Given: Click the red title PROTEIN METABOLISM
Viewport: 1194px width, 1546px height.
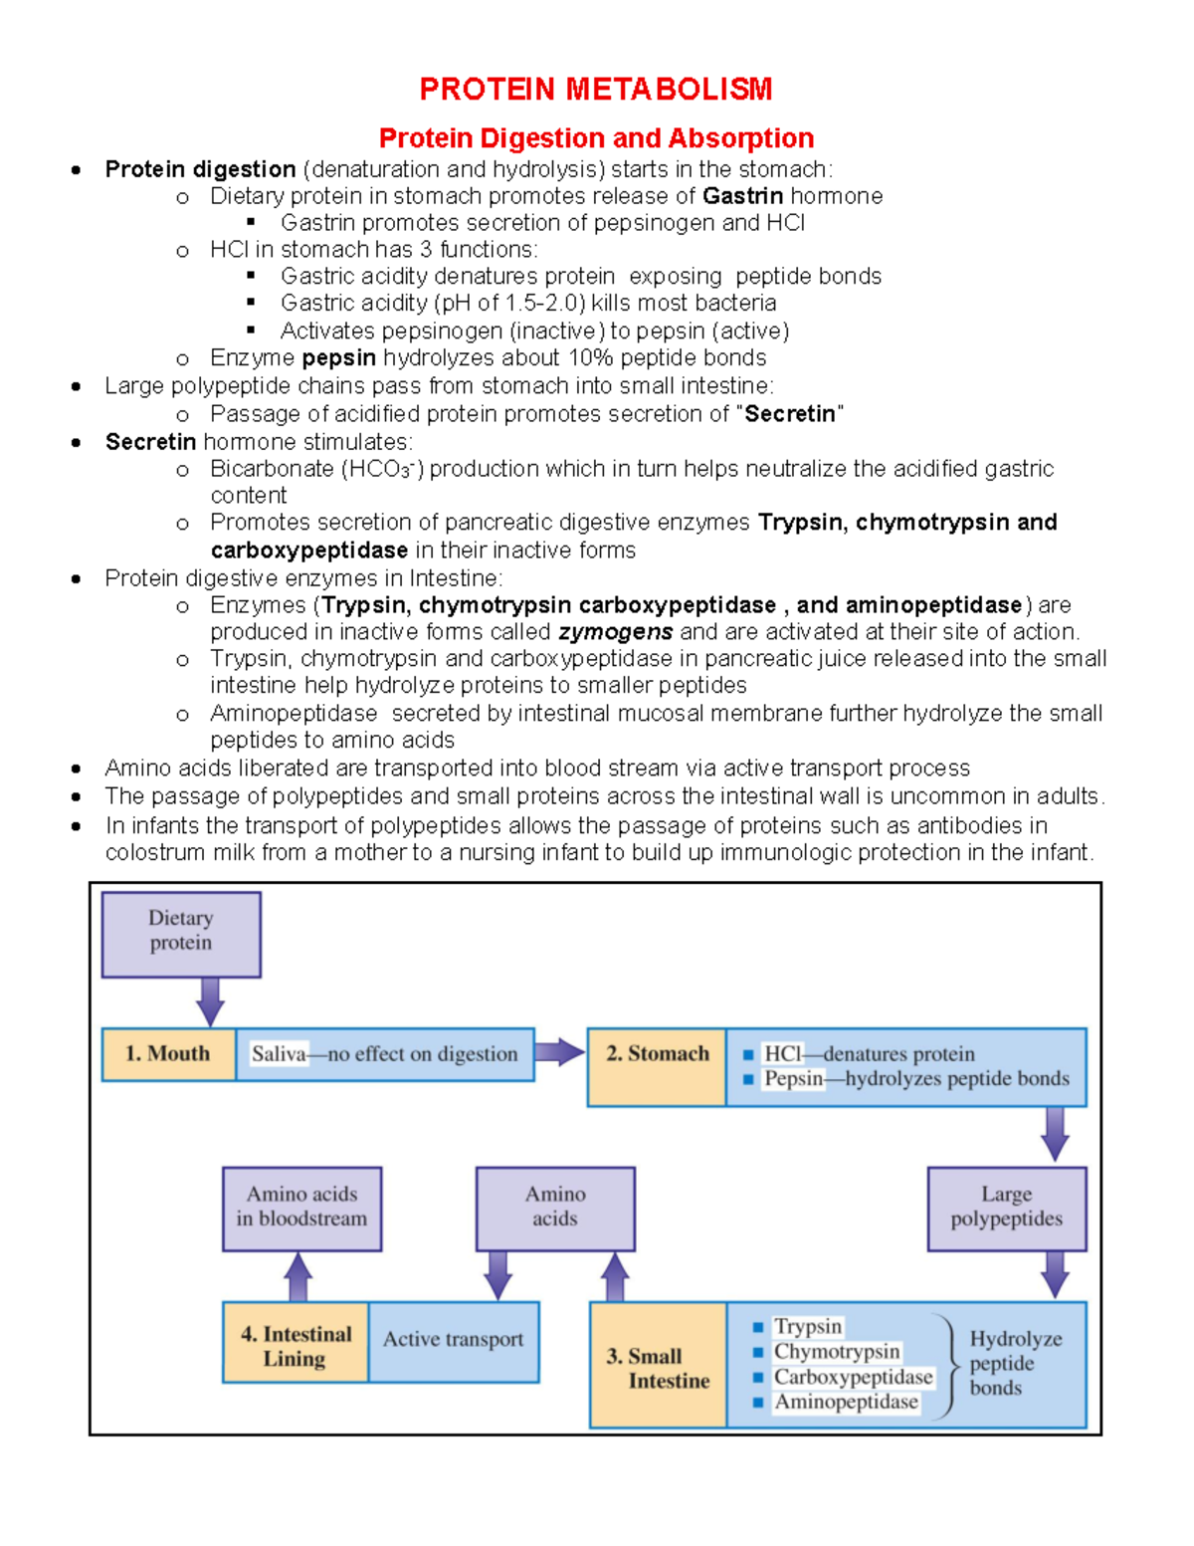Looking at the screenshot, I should [595, 90].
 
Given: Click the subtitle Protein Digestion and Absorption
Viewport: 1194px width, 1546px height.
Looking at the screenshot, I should [596, 138].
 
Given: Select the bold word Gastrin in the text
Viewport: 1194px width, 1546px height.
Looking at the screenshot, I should [742, 196].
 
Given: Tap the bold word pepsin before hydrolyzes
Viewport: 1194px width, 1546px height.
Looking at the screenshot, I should [338, 358].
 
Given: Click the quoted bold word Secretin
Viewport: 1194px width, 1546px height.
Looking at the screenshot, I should [790, 414].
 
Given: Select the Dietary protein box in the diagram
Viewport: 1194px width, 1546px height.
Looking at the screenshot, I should [181, 934].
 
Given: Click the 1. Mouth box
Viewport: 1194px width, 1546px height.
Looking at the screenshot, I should [168, 1054].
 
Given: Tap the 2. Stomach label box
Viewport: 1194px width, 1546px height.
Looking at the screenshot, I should [657, 1066].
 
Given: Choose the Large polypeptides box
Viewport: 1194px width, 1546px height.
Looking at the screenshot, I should [1006, 1208].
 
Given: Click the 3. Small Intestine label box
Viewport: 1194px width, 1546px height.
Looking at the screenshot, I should [658, 1367].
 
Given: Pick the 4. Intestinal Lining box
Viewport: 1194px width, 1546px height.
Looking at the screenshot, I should [296, 1343].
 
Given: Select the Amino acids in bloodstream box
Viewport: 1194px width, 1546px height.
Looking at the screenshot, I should [301, 1208].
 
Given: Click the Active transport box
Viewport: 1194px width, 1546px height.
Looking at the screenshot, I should [453, 1341].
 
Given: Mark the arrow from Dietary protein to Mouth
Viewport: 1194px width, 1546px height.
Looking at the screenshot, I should [210, 1001].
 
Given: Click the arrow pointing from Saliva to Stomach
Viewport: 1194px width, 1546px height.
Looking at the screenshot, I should [559, 1053].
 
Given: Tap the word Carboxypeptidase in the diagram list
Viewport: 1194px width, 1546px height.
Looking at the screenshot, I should [853, 1378].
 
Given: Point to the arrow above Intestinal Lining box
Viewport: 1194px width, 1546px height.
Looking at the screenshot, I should [298, 1276].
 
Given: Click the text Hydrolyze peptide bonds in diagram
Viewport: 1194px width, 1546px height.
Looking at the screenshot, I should [1014, 1364].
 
